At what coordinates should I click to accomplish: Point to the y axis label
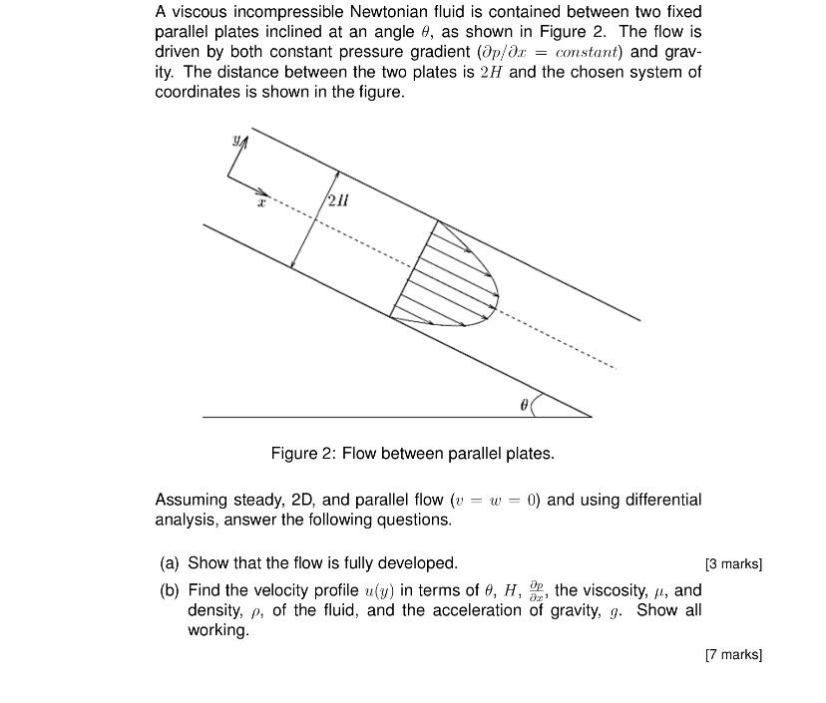coord(236,143)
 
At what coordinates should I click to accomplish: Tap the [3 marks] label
coord(733,564)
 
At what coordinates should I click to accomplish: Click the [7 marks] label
coord(733,655)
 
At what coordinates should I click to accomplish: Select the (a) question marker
coord(170,563)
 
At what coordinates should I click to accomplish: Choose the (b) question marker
coord(170,589)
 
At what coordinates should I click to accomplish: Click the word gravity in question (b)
coord(577,609)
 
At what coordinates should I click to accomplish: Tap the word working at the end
coord(217,630)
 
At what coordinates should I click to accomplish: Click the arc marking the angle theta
coord(536,403)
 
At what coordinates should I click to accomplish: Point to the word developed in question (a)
coord(417,563)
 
